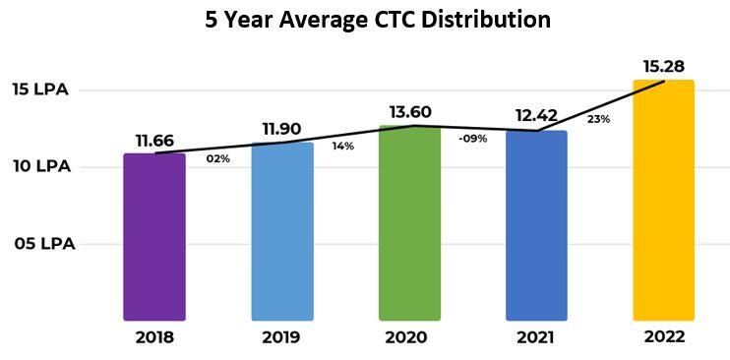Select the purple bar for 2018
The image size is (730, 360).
point(154,236)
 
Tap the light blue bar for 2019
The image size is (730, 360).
point(282,231)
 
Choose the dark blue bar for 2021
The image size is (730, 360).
point(536,226)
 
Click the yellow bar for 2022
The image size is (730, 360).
point(663,201)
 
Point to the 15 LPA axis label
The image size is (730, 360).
point(40,90)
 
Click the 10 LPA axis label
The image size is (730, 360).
point(40,166)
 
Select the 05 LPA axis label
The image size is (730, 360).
point(44,243)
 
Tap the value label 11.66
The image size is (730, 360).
point(154,141)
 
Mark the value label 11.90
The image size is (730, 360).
point(282,130)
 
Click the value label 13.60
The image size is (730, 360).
point(409,111)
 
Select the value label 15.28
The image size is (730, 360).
point(663,66)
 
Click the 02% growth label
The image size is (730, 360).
point(217,158)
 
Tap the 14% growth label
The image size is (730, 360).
point(343,147)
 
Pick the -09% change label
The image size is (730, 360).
point(472,139)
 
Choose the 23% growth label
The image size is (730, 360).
point(598,119)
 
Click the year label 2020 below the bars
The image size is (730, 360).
point(409,337)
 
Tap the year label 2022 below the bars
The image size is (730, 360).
point(663,336)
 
